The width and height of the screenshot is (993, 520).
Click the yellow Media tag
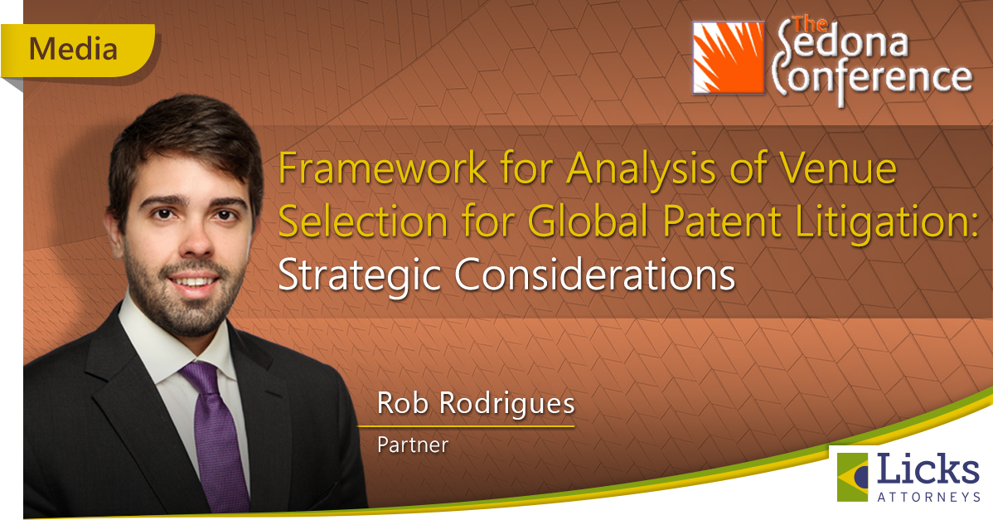click(x=77, y=50)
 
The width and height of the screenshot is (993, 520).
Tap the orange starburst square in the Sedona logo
click(x=729, y=57)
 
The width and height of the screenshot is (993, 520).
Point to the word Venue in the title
click(x=837, y=168)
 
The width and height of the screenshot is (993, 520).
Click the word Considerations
click(x=594, y=275)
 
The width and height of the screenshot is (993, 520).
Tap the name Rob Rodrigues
click(x=476, y=403)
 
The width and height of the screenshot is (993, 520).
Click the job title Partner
click(x=412, y=445)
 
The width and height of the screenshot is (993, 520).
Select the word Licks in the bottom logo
click(x=928, y=469)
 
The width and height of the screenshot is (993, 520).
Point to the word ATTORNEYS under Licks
click(x=928, y=498)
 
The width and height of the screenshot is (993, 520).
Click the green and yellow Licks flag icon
click(x=852, y=477)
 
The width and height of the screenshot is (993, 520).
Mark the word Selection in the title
click(x=364, y=221)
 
